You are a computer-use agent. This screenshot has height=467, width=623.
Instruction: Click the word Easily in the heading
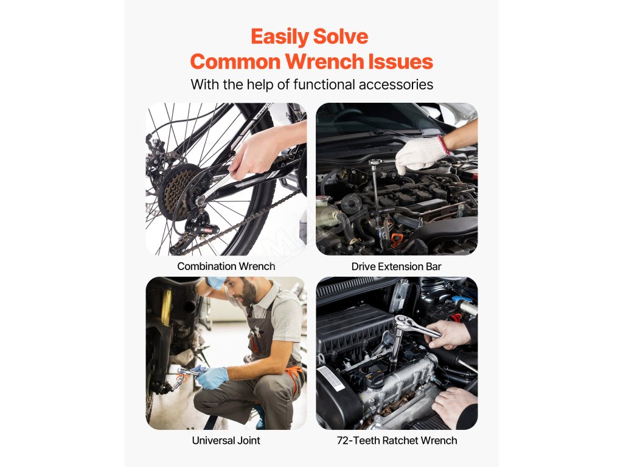(x=280, y=37)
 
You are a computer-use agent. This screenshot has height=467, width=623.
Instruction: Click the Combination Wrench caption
(x=226, y=266)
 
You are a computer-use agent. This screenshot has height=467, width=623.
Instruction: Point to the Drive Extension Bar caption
(x=396, y=266)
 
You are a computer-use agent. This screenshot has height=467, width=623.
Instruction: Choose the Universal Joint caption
(x=226, y=440)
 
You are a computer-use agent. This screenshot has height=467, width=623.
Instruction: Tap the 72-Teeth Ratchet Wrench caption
(x=397, y=440)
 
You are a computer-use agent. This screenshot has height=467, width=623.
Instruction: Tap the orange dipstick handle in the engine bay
(x=395, y=240)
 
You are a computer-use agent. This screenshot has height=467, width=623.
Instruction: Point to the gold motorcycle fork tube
(x=166, y=306)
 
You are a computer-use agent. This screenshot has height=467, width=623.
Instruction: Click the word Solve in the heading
(x=341, y=37)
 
